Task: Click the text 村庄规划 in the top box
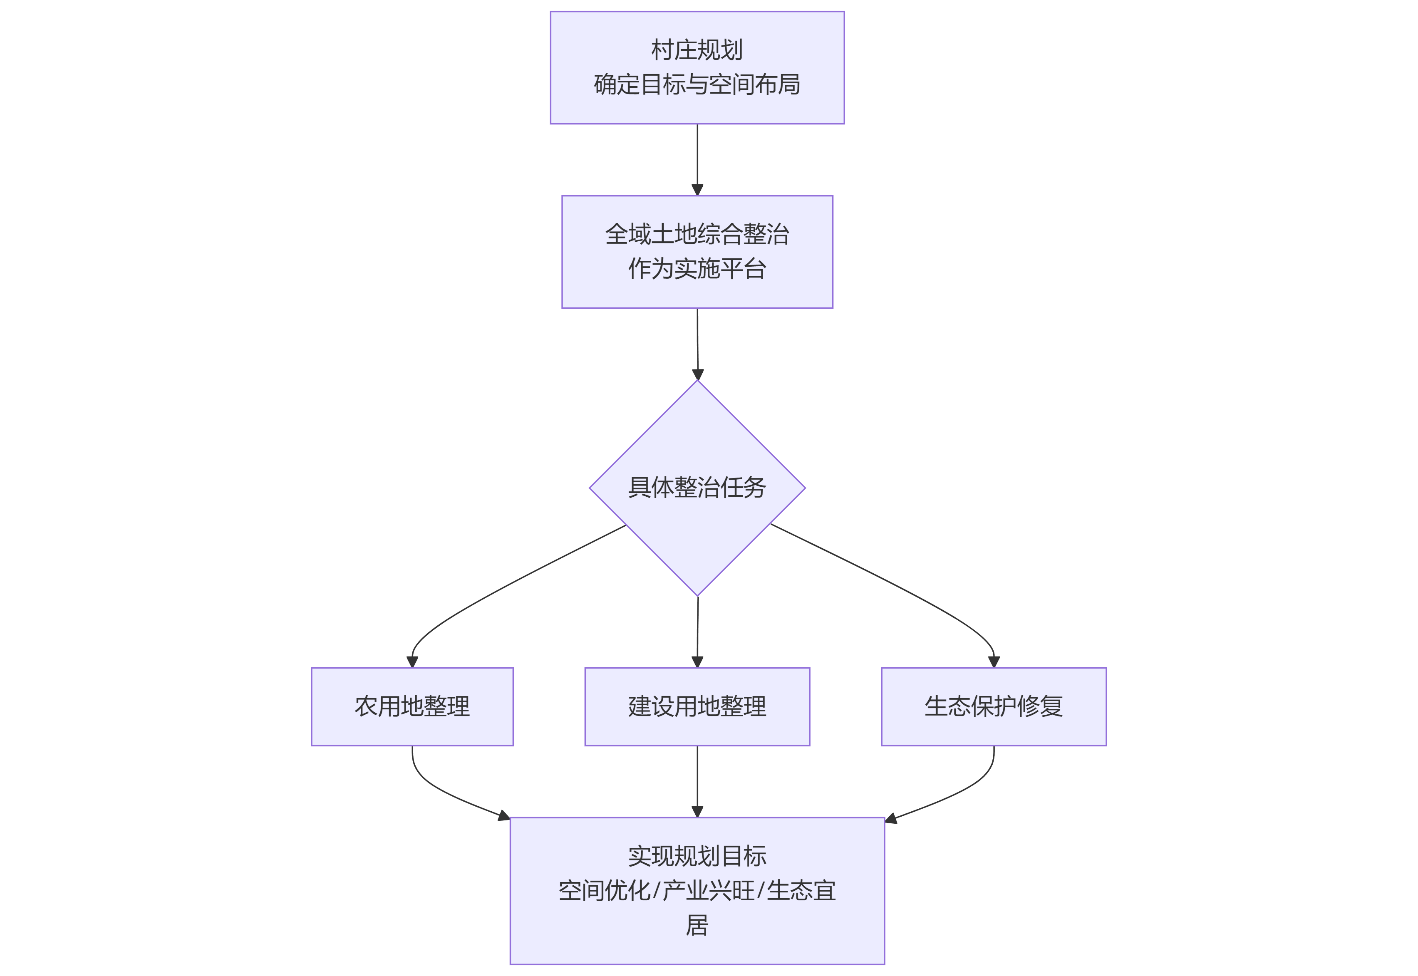pyautogui.click(x=697, y=50)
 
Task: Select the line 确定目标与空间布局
pyautogui.click(x=697, y=84)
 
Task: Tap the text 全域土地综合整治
pyautogui.click(x=697, y=234)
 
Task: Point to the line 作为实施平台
pyautogui.click(x=697, y=268)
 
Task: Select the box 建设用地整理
pyautogui.click(x=697, y=706)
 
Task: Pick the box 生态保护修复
pyautogui.click(x=993, y=706)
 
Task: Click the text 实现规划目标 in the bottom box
pyautogui.click(x=697, y=856)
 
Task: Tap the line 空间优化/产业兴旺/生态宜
pyautogui.click(x=697, y=890)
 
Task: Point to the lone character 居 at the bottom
pyautogui.click(x=697, y=925)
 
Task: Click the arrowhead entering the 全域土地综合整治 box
pyautogui.click(x=697, y=190)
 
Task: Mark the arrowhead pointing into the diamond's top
pyautogui.click(x=698, y=374)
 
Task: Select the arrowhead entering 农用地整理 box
pyautogui.click(x=412, y=661)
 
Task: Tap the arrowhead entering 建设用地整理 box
pyautogui.click(x=697, y=661)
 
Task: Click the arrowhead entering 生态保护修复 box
pyautogui.click(x=994, y=661)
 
